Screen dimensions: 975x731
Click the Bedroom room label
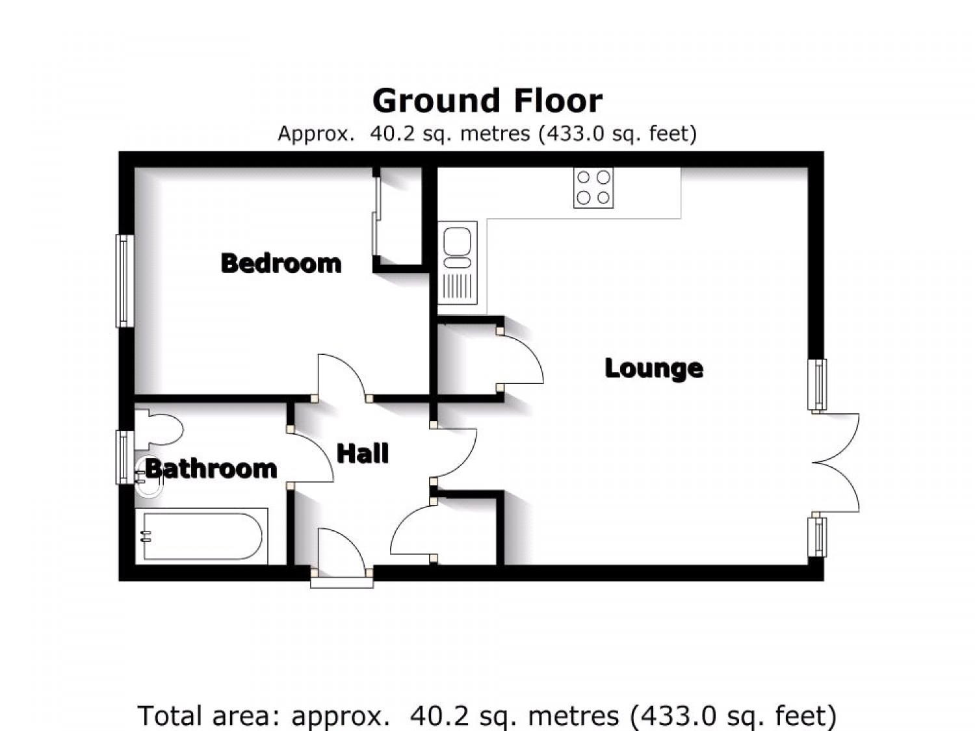(281, 263)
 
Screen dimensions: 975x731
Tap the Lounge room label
(654, 368)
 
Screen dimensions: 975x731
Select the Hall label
(363, 453)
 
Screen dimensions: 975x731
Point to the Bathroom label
(211, 468)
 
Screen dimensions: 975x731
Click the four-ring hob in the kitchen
(593, 188)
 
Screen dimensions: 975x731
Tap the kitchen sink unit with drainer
(458, 263)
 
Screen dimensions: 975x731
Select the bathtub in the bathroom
(201, 536)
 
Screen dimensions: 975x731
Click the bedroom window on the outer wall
(125, 281)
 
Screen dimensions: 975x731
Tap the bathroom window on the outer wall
(124, 457)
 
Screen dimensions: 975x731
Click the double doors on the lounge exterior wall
(835, 463)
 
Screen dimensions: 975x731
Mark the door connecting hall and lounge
(453, 453)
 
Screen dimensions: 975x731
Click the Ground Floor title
(487, 101)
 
